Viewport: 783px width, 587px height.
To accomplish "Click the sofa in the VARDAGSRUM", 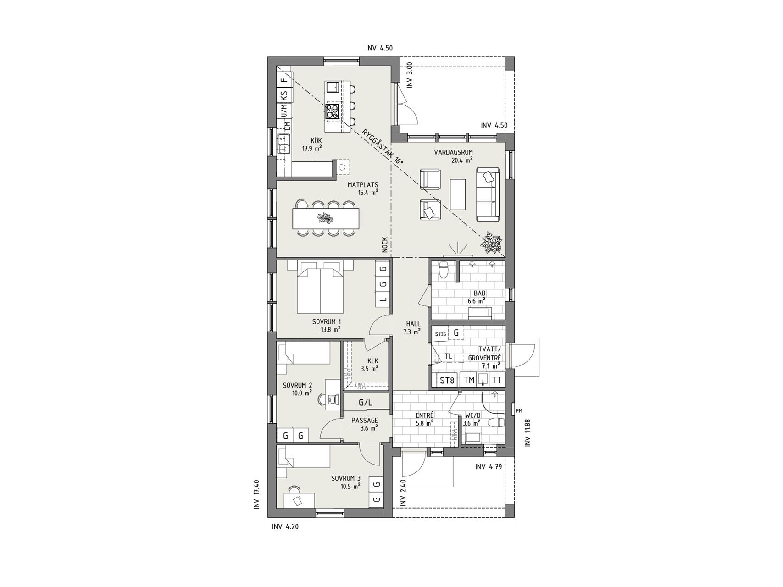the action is [x=488, y=193].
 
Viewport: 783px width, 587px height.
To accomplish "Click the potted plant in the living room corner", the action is [x=492, y=242].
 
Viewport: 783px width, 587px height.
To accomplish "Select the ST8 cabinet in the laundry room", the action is [x=447, y=380].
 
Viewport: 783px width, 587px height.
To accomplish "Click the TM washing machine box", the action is [x=469, y=380].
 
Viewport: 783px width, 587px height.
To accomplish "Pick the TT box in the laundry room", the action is [x=497, y=380].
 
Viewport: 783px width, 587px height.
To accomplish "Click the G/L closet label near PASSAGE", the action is [x=366, y=403].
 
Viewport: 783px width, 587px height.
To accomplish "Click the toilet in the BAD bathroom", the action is [x=444, y=270].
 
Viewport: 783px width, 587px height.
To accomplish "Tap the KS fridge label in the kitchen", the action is [x=284, y=96].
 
